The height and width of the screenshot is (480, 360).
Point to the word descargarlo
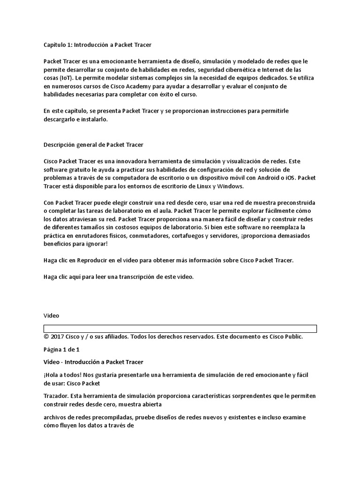pos(60,119)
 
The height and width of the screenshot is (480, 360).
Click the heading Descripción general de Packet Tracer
pos(93,144)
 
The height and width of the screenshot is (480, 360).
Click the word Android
pos(266,178)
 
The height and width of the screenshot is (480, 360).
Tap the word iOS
pos(289,178)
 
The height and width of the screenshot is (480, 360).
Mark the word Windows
pos(230,186)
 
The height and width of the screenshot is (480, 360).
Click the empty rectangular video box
pos(180,328)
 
